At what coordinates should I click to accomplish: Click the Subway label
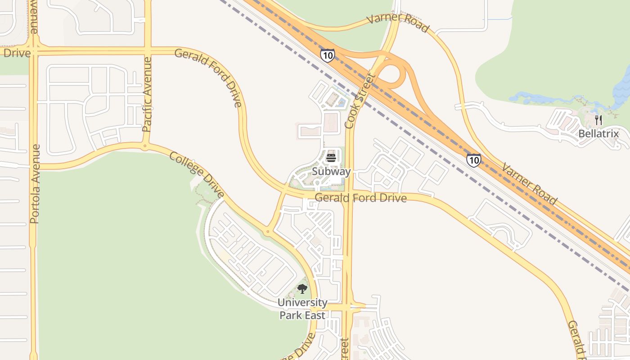(331, 171)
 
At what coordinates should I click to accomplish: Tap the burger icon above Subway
(331, 157)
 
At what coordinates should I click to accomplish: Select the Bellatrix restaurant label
(598, 134)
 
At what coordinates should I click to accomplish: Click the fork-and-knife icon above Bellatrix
(598, 120)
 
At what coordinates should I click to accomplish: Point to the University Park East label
(302, 309)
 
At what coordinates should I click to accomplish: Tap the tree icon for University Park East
(302, 289)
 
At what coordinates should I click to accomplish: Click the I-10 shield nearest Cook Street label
(328, 55)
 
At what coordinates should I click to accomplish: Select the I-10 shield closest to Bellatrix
(473, 160)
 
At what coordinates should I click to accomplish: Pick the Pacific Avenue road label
(147, 94)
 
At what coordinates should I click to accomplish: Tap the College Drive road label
(196, 175)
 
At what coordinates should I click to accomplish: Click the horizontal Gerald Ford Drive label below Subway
(360, 198)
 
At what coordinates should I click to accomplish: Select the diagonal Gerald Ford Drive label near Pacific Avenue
(208, 77)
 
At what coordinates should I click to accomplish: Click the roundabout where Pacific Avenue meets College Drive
(145, 146)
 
